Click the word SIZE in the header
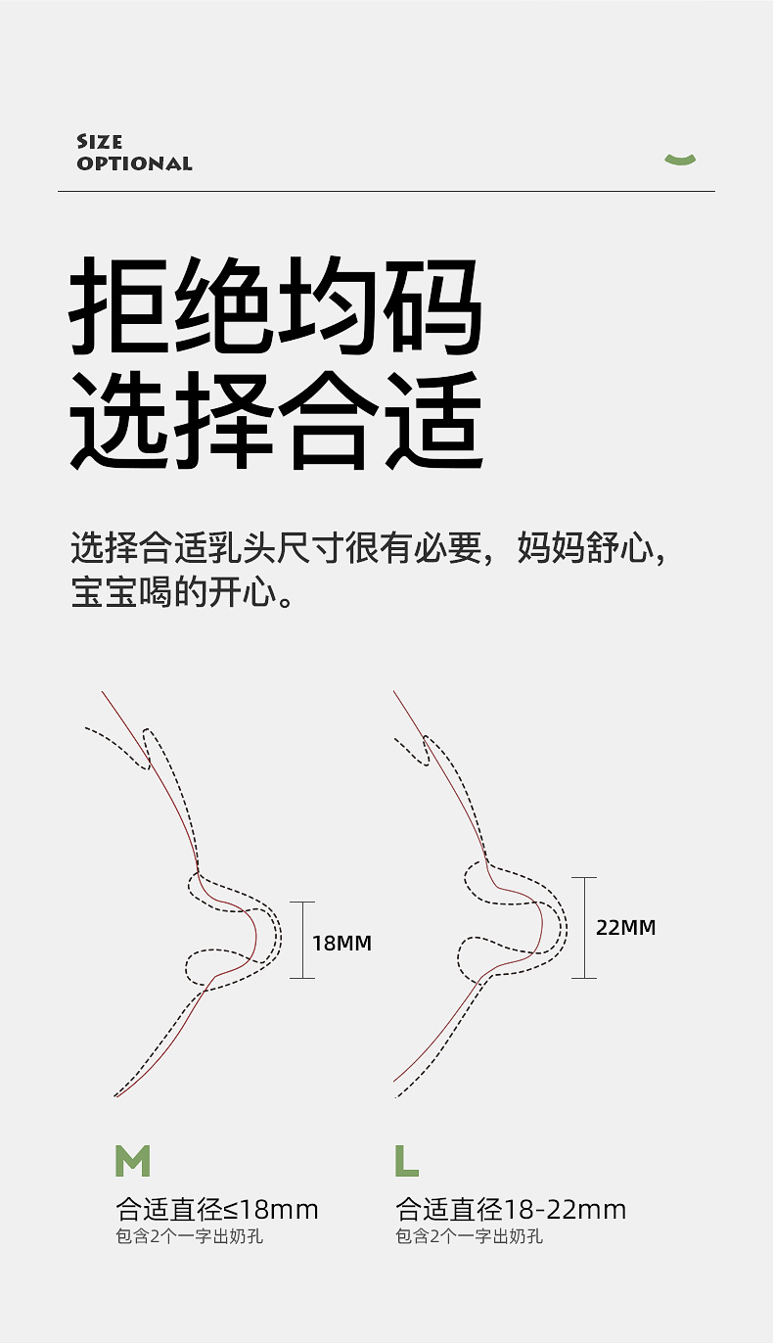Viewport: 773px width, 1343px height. tap(100, 142)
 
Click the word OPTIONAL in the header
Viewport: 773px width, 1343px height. tap(135, 163)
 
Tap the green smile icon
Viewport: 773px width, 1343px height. tap(680, 159)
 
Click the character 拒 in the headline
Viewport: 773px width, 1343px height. tap(120, 305)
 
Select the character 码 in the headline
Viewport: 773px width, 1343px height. tap(432, 305)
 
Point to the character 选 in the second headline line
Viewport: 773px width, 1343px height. tap(120, 419)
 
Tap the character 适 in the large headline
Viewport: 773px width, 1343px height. tap(432, 419)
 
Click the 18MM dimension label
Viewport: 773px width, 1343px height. tap(341, 944)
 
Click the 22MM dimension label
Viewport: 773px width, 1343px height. tap(625, 927)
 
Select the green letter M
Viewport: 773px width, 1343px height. tap(133, 1161)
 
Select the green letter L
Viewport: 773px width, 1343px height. tap(407, 1161)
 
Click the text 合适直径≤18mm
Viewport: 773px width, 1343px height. tap(217, 1210)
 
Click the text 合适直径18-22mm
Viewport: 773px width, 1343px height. tap(511, 1210)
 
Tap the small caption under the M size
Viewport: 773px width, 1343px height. tap(190, 1236)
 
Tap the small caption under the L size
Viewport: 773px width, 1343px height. tap(470, 1236)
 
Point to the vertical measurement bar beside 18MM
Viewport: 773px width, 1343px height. tap(302, 940)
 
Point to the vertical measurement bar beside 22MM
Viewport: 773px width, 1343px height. tap(584, 927)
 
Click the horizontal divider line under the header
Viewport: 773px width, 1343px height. tap(386, 191)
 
